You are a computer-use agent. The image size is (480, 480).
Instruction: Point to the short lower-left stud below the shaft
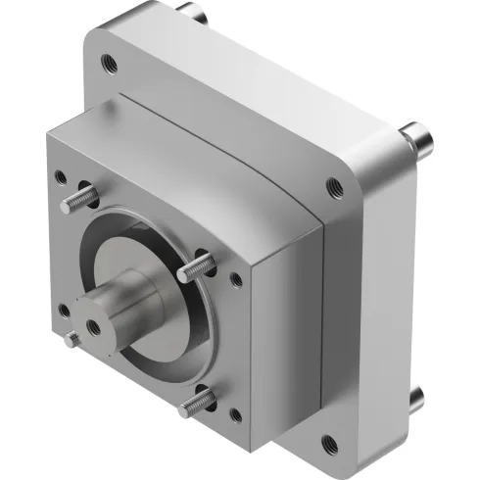coord(71,340)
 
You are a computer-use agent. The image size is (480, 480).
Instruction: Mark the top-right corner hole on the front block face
coord(235,280)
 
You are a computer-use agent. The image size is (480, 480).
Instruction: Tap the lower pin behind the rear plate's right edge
coord(415,396)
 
